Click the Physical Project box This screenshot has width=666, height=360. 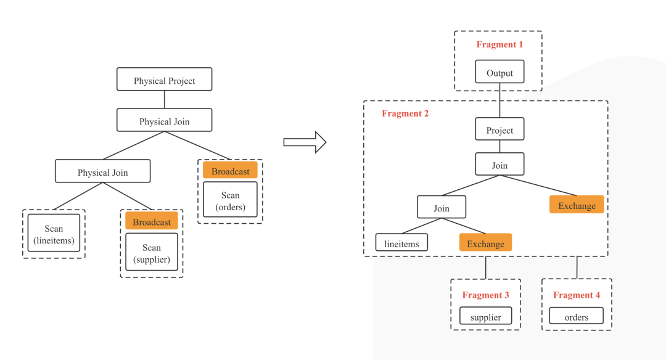click(165, 80)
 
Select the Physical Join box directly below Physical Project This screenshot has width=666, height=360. click(165, 120)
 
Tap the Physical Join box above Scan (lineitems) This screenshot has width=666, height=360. click(103, 171)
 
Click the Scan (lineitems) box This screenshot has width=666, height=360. click(54, 233)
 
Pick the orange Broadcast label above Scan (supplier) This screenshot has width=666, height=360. click(152, 221)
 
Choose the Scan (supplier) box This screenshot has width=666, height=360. click(152, 252)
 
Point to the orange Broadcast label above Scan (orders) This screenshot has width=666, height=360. click(230, 170)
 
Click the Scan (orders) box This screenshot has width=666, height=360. click(230, 200)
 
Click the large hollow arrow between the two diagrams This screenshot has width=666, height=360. click(305, 142)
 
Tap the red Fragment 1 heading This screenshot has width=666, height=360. click(499, 44)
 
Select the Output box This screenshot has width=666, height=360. click(499, 72)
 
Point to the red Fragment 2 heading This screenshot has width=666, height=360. click(405, 113)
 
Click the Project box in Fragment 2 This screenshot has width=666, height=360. click(499, 129)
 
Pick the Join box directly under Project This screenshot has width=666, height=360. click(499, 164)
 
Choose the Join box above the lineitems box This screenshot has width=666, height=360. click(442, 207)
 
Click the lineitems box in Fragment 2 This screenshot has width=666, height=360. click(402, 242)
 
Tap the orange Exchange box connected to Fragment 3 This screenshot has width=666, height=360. click(485, 242)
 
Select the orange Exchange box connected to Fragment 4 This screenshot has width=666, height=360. click(577, 205)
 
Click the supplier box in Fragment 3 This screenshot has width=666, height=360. click(485, 316)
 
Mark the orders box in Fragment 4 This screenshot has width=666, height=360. click(577, 316)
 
